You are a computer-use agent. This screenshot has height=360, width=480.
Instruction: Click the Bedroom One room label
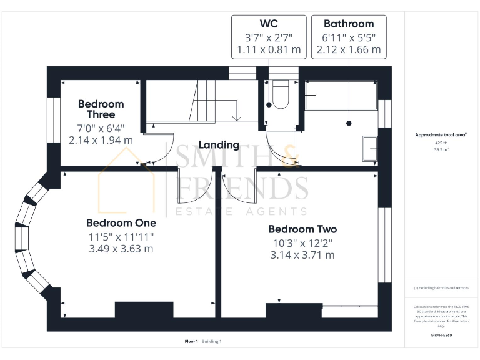pos(121,222)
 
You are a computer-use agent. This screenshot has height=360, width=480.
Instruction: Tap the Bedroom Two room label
pos(302,229)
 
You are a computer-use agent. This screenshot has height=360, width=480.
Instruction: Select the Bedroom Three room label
pos(101,109)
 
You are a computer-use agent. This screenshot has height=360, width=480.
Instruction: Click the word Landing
pos(219,144)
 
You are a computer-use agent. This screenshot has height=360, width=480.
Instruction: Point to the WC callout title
pos(269,24)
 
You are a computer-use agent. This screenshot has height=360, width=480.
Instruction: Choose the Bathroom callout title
pos(348,24)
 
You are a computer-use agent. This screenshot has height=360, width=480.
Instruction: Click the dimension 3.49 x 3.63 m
pos(121,249)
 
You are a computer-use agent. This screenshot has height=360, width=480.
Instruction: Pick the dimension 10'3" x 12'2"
pos(302,242)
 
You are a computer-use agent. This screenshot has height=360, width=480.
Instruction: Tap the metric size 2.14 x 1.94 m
pos(101,140)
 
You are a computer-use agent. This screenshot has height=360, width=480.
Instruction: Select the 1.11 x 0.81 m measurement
pos(269,49)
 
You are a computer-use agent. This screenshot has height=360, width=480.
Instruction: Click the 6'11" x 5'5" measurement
pos(348,37)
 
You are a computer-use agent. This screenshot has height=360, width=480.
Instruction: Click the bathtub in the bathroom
pos(341,95)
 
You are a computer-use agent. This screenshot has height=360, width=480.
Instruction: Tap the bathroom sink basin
pos(370,149)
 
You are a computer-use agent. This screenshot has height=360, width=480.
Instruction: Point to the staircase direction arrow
pos(237,117)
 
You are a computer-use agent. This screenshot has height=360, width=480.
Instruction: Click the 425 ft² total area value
pos(441,142)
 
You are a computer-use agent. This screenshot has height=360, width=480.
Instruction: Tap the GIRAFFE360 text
pos(441,336)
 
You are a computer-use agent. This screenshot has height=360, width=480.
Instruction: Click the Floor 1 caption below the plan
pos(191,341)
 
